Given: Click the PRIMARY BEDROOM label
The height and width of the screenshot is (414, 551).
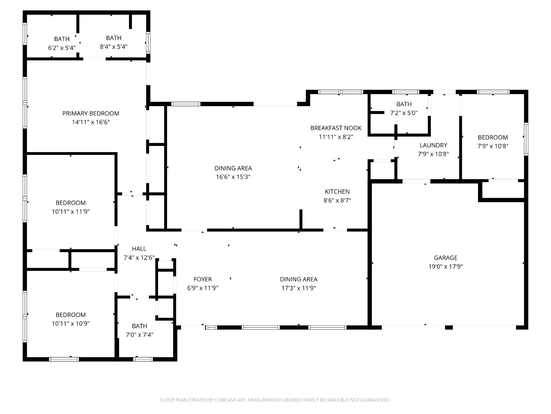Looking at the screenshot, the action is pos(91,114).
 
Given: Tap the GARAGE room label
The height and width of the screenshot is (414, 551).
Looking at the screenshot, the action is pos(445,258).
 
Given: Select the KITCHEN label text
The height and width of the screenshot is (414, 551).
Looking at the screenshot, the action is pos(337,191).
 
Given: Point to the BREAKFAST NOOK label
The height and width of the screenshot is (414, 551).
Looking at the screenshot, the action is pos(336,128).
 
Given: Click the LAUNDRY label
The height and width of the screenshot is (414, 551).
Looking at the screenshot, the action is pos(433,145).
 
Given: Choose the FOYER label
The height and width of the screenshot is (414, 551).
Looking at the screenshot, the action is pos(202,279).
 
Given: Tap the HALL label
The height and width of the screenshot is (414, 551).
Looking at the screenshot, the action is pos(139,249).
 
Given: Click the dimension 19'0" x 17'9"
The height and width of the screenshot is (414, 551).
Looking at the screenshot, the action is pos(445,266).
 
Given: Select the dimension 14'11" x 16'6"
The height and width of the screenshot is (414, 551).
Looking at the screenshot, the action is pos(91,122).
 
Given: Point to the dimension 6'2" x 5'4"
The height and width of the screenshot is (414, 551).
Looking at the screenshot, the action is pos(62,48).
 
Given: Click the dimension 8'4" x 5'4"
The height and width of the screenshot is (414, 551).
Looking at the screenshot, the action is pos(114,47).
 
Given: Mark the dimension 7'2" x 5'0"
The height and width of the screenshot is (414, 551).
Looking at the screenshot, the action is pos(404,113).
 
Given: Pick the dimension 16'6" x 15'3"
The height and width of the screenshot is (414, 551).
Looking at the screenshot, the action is pos(233,177).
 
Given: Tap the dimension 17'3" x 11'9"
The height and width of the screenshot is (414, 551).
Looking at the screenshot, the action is pos(299,288).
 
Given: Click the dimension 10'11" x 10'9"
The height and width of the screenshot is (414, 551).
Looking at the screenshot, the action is pos(71,324).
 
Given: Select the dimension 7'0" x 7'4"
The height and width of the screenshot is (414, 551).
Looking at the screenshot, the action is pos(139,335).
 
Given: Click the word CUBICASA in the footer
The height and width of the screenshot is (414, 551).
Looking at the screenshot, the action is pos(226,400).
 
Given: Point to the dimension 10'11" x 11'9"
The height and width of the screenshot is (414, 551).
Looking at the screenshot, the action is pos(71,211).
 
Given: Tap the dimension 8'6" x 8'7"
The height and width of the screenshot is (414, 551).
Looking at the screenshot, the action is pos(337,200).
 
